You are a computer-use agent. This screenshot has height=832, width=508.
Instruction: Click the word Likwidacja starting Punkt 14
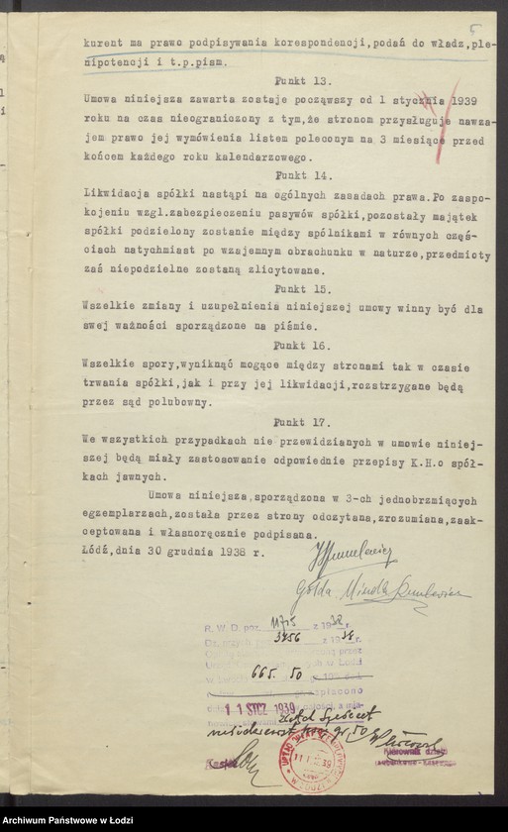(x=112, y=193)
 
